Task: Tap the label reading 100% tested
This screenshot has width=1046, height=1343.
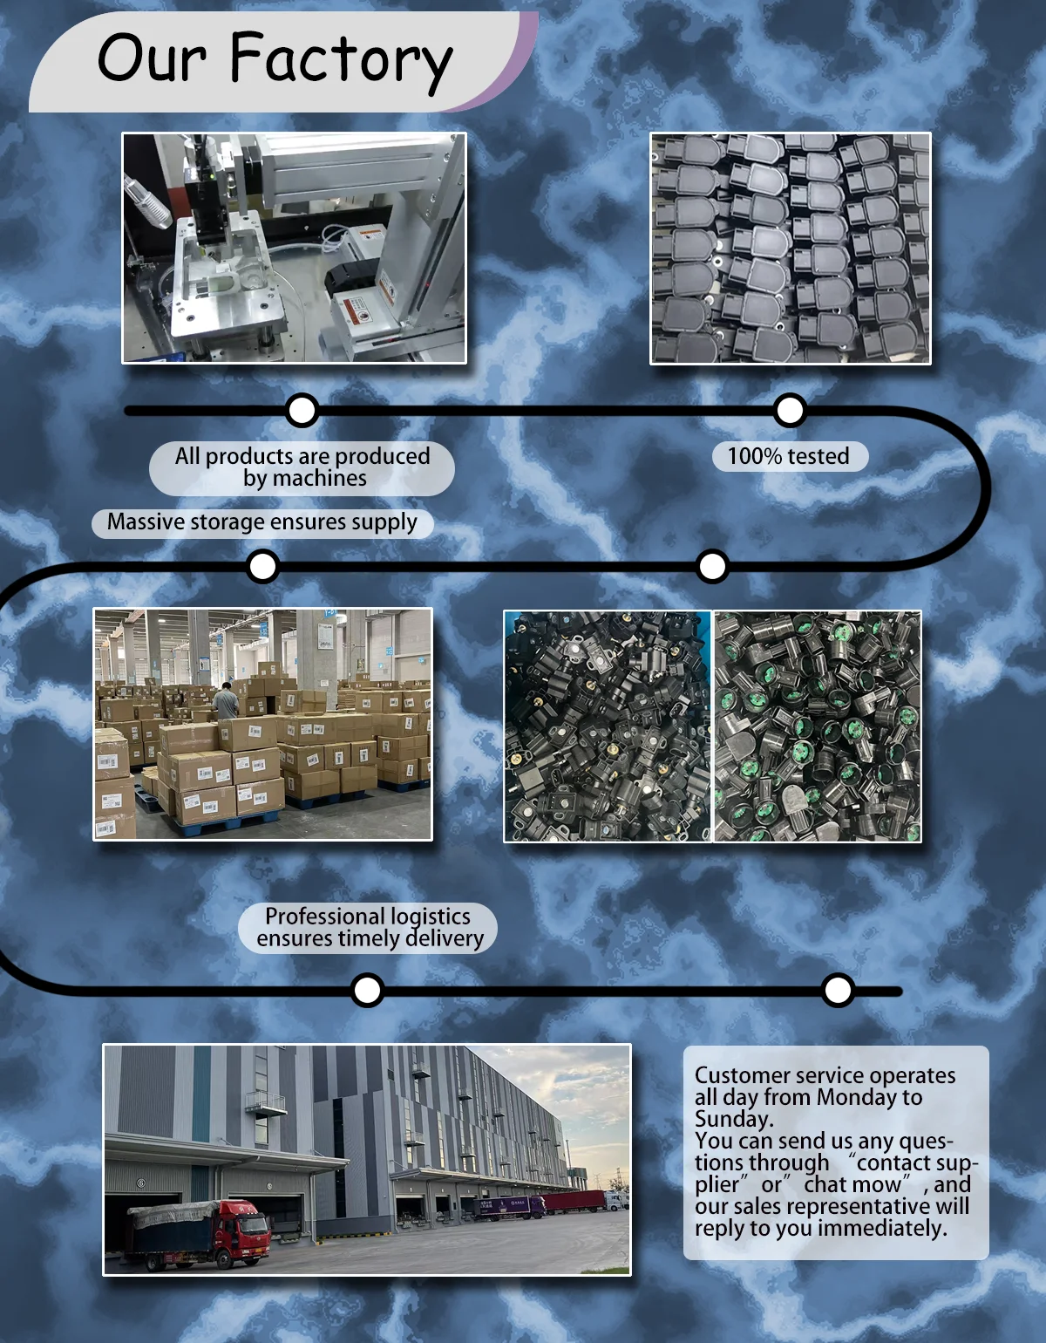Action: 790,456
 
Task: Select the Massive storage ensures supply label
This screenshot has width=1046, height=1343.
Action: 262,522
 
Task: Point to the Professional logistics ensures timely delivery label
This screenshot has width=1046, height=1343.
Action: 369,927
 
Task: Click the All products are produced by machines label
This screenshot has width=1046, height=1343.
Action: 302,467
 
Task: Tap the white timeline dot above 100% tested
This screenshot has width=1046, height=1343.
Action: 790,410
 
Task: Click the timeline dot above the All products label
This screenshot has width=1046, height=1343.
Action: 302,410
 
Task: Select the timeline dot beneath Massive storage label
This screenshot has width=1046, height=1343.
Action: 262,566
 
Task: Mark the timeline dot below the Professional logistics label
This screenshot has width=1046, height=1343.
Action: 367,990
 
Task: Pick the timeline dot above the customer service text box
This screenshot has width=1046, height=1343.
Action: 838,990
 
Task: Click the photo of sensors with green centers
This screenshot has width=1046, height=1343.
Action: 818,726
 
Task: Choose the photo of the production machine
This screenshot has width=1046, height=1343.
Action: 294,248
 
